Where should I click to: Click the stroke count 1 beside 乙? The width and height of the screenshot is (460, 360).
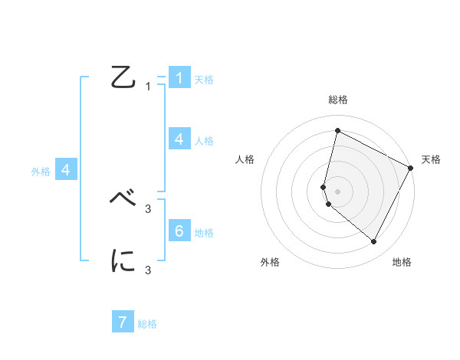click(x=148, y=87)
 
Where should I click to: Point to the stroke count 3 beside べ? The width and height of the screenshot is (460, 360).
click(x=148, y=208)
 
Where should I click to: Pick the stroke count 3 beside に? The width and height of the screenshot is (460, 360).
click(x=148, y=270)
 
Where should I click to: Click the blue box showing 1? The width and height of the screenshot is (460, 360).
click(x=179, y=78)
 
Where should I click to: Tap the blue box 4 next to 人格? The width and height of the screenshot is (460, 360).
click(x=179, y=139)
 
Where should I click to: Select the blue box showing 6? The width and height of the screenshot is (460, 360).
click(x=179, y=231)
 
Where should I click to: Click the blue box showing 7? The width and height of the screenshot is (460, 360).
click(x=123, y=322)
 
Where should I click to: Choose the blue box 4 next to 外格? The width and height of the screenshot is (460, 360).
click(x=66, y=170)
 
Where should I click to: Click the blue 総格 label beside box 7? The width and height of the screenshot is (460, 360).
click(x=147, y=324)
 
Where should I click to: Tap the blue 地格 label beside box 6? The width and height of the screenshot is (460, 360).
click(x=204, y=233)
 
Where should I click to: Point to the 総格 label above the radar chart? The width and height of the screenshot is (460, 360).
click(x=337, y=100)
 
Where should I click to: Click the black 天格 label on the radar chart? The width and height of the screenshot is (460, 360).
click(x=431, y=159)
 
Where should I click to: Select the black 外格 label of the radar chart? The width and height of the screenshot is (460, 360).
click(x=270, y=262)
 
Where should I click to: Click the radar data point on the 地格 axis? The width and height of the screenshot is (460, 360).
click(x=373, y=241)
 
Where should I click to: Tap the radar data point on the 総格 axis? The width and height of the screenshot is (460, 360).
click(x=337, y=130)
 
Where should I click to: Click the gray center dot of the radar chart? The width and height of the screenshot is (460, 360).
click(x=337, y=191)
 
